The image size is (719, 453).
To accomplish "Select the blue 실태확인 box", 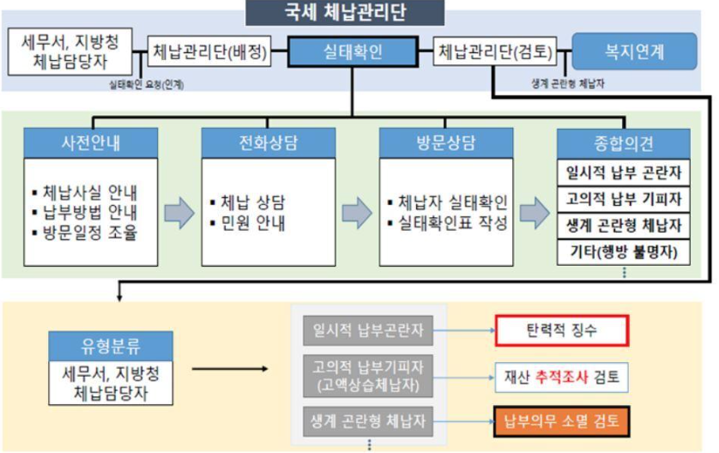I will pyautogui.click(x=352, y=53).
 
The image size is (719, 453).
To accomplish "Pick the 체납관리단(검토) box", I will pyautogui.click(x=496, y=53).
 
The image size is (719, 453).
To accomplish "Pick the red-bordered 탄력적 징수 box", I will pyautogui.click(x=561, y=329).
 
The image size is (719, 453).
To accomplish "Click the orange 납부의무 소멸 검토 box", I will pyautogui.click(x=561, y=420).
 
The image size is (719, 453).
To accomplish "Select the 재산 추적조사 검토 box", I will pyautogui.click(x=561, y=375).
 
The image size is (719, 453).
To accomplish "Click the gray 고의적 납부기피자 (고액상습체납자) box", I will pyautogui.click(x=368, y=375).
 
